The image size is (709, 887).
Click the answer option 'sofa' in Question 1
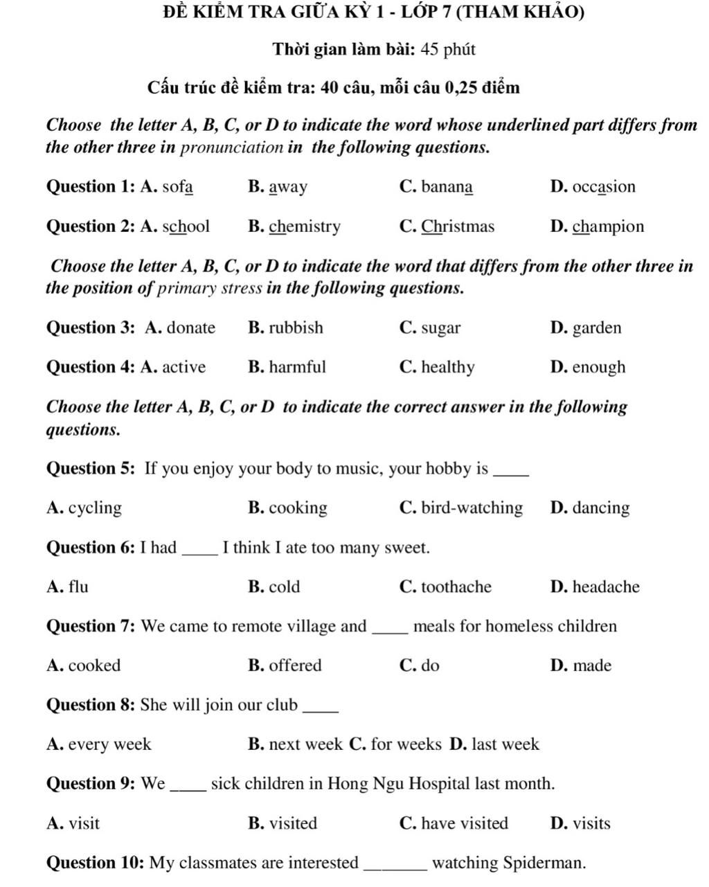tap(178, 187)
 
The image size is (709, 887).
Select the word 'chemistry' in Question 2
tap(305, 227)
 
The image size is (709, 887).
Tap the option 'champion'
tap(608, 227)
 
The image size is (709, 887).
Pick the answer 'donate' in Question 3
tap(190, 328)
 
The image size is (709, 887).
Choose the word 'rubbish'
tap(296, 328)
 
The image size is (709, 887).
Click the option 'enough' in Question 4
tap(599, 368)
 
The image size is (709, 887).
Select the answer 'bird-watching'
tap(472, 508)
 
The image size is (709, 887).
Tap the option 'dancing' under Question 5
tap(601, 508)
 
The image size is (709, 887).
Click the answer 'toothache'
tap(456, 587)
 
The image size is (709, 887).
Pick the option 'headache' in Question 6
tap(606, 587)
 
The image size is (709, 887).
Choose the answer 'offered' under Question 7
tap(295, 666)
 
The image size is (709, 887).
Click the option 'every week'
tap(109, 745)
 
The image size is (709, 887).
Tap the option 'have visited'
tap(465, 824)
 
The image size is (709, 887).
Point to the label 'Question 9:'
tap(91, 785)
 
